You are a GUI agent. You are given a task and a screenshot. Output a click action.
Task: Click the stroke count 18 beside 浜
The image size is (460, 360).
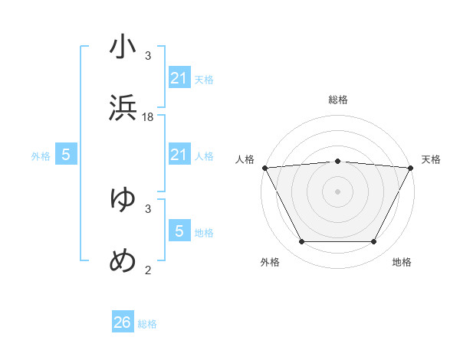point(148,116)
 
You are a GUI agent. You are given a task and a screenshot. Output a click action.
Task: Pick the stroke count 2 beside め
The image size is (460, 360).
point(148,269)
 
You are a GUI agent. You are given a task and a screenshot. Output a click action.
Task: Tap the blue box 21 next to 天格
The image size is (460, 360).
point(179,78)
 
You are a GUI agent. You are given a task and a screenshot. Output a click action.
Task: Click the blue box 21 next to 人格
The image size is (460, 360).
point(179,155)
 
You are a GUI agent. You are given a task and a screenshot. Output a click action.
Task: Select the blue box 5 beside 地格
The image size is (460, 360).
point(179,231)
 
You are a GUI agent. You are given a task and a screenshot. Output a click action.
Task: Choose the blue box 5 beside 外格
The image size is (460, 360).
point(66,155)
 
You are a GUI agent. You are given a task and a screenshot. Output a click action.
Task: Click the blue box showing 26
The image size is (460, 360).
point(123,322)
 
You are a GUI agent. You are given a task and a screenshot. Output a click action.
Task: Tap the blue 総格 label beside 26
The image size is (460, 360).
point(147,324)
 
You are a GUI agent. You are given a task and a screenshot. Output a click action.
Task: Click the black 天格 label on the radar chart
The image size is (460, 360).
point(431,159)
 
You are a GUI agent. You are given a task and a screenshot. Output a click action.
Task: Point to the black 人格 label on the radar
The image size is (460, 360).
point(245,159)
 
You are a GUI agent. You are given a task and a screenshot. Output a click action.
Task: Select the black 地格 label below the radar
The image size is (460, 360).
point(402,263)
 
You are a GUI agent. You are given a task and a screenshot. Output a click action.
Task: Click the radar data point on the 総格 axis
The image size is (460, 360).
point(337,161)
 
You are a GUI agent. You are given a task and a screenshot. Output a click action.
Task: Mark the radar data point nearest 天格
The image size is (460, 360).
point(411,167)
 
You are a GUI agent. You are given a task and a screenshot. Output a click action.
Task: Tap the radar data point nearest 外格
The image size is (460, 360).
point(301,242)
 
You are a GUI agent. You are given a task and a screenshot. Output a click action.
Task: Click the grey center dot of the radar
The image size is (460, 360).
point(337,191)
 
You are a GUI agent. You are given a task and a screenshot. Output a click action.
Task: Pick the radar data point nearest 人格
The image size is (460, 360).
point(264,167)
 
